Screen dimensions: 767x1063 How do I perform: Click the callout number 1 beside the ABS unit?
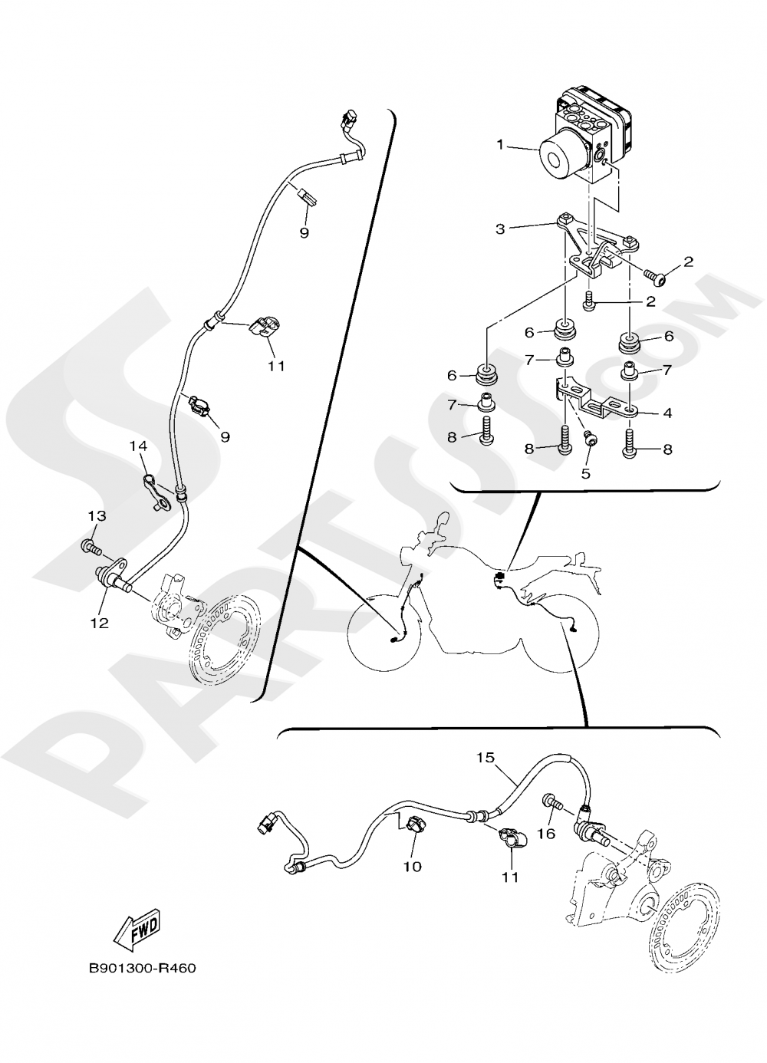tap(500, 144)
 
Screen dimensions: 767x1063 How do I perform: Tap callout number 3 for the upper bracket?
tap(500, 229)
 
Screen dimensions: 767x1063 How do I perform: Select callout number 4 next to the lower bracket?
tap(667, 413)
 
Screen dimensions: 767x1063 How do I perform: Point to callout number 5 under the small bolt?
tap(586, 474)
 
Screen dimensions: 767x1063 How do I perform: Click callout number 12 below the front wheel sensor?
tap(100, 623)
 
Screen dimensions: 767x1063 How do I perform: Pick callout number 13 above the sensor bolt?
tap(97, 515)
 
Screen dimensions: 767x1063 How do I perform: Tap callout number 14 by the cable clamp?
tap(138, 446)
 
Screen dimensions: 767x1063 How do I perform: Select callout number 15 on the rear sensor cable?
tap(486, 758)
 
